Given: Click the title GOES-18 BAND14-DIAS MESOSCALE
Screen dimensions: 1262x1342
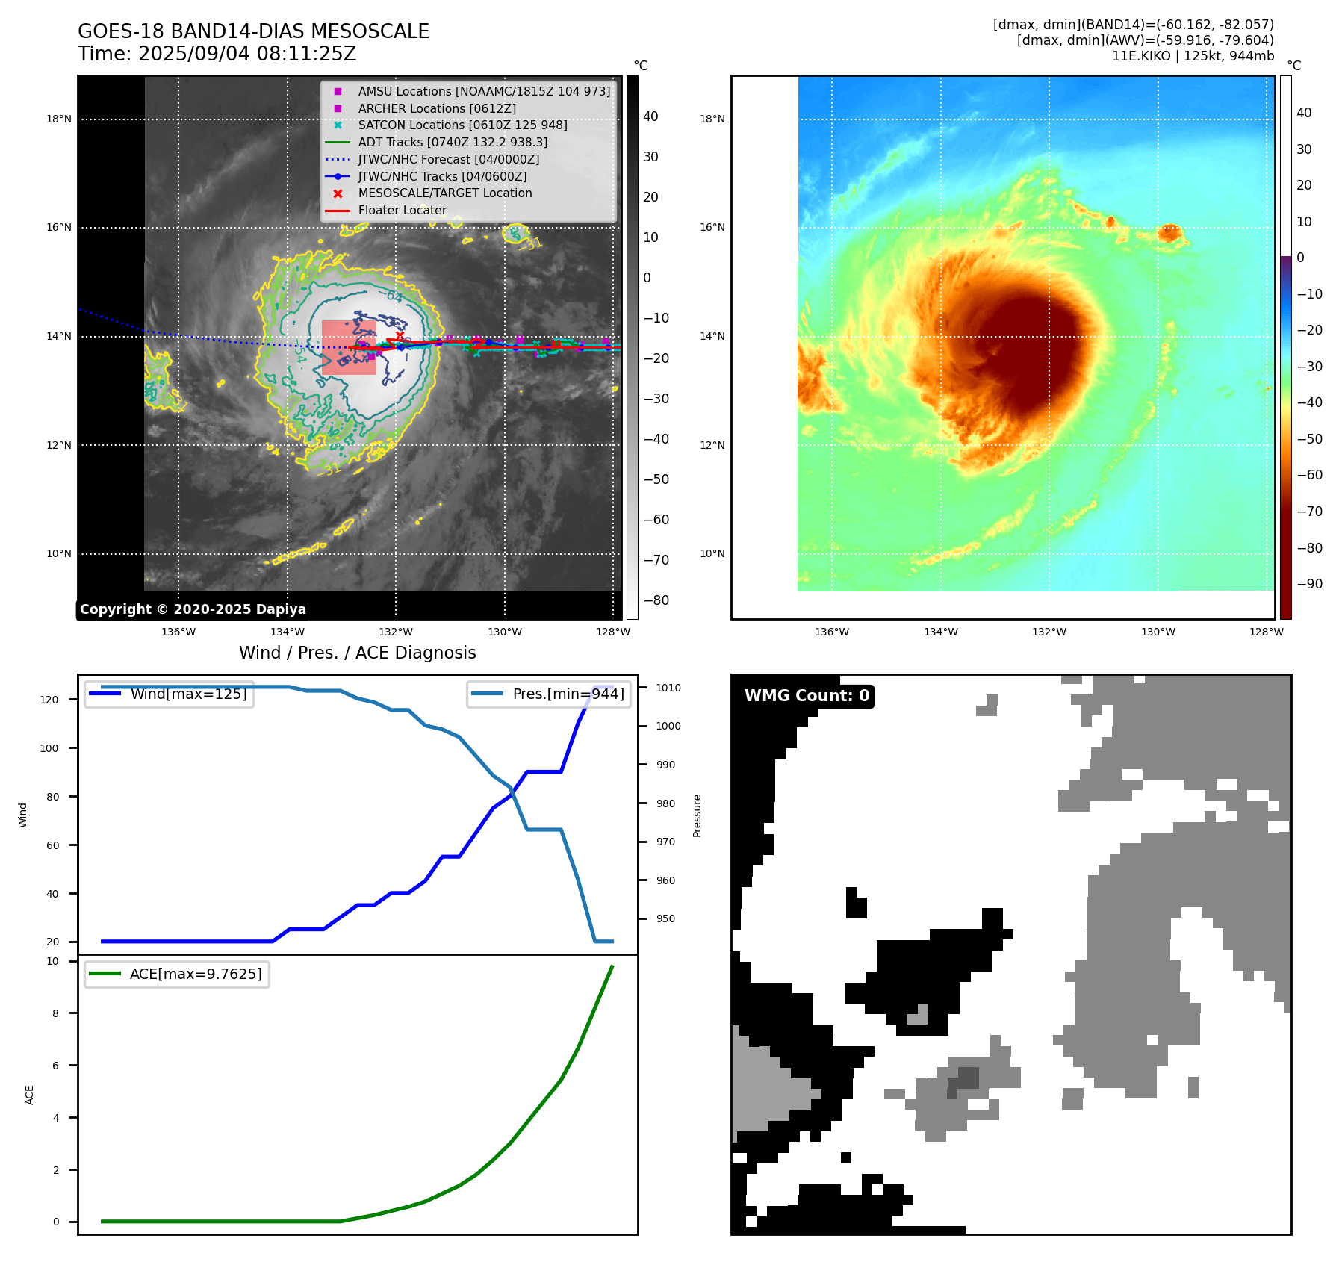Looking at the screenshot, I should point(253,31).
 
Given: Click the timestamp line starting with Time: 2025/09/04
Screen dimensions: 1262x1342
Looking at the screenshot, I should point(217,54).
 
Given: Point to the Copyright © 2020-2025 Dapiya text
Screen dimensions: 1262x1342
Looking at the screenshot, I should point(193,609).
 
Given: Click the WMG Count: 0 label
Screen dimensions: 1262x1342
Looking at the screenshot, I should point(807,696).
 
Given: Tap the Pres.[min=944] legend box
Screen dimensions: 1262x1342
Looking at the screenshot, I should point(549,694).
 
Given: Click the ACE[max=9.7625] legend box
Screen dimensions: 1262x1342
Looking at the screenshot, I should point(177,974).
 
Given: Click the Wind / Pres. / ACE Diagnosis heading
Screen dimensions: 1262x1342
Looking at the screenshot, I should point(357,653).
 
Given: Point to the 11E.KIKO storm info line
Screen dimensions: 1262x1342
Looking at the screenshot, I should point(1192,56).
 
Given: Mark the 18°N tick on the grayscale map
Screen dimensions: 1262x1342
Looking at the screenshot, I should point(59,119).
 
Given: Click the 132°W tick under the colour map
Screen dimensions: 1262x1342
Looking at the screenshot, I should point(1049,632).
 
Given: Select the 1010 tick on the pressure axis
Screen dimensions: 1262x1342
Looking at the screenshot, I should point(668,688).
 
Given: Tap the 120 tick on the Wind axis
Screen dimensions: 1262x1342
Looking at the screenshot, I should point(49,700).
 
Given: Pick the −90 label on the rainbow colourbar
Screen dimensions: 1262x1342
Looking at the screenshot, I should point(1309,584).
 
